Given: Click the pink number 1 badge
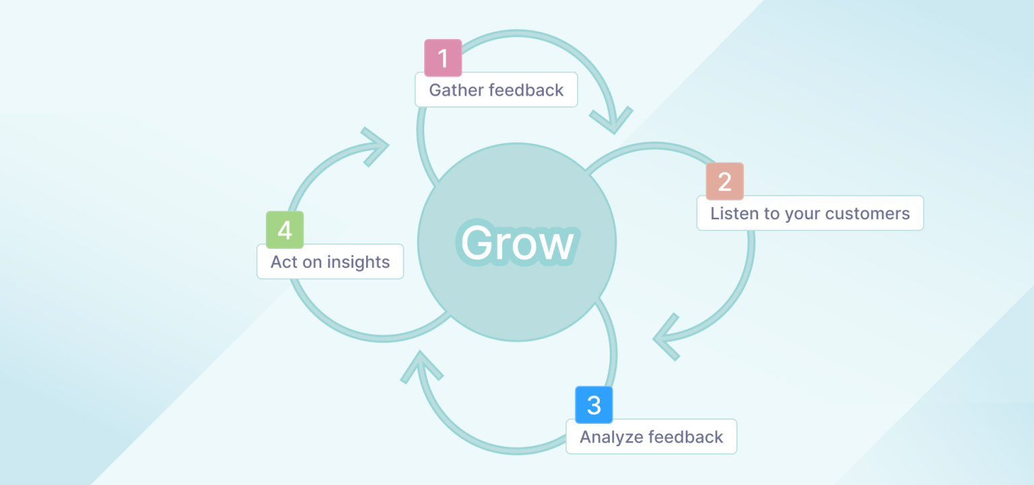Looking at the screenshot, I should pos(443,58).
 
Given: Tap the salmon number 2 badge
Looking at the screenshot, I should pos(724,182).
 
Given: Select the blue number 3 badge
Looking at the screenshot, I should pos(594,405).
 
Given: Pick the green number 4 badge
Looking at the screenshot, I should pos(285,230).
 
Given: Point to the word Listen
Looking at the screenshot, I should pos(732,214).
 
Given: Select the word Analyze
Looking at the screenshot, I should pos(609,437).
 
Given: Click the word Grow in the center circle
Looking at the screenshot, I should pos(517,243).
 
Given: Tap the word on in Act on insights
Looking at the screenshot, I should pos(312,262).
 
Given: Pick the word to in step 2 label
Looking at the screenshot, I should pos(773,214).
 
